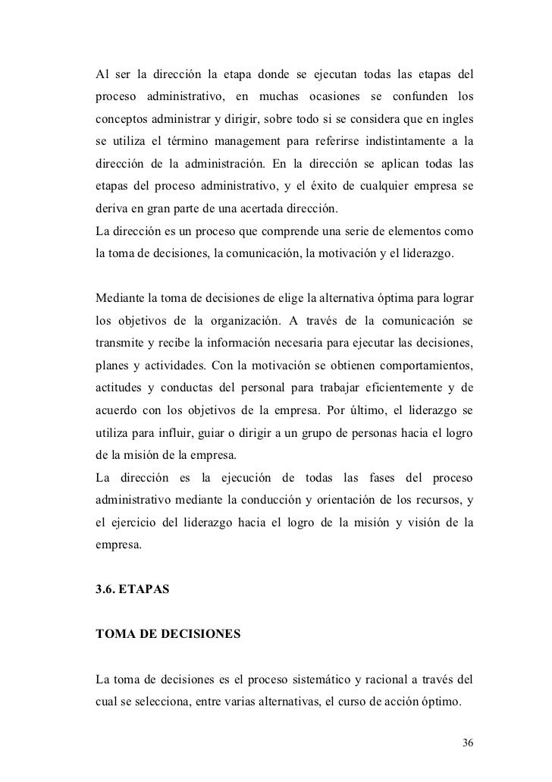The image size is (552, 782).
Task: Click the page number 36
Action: click(468, 742)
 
